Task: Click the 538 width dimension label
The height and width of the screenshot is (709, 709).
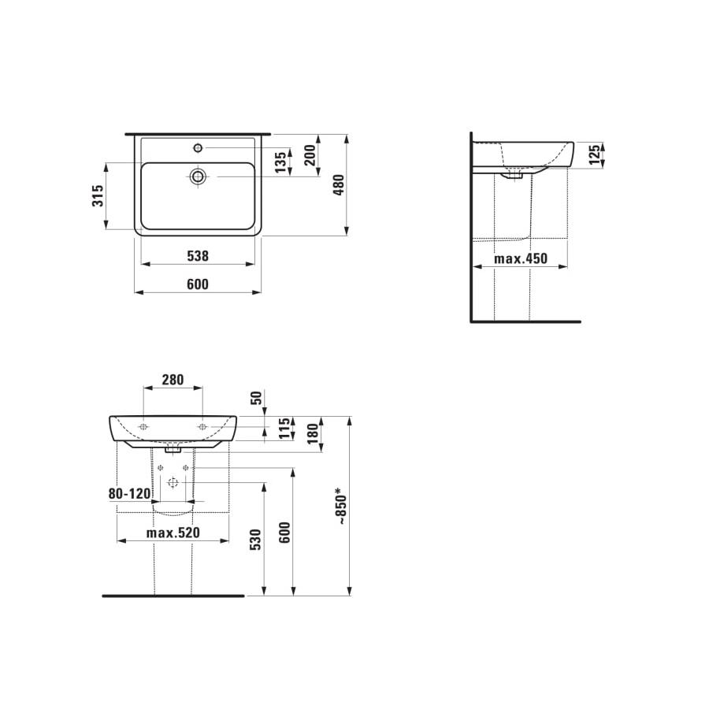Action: [x=198, y=256]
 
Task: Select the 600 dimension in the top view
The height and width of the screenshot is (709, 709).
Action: [x=198, y=284]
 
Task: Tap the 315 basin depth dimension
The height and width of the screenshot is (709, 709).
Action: [x=98, y=196]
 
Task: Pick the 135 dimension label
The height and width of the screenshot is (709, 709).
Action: [x=280, y=163]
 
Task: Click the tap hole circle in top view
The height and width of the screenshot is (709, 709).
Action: [x=198, y=147]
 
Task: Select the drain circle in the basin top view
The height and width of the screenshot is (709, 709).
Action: [x=198, y=176]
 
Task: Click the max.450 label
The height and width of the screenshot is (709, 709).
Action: [x=520, y=259]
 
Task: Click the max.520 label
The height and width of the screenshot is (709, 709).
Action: [x=173, y=533]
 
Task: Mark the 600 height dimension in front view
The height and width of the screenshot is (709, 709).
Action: [x=284, y=533]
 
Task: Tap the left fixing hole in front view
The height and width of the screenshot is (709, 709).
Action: [x=143, y=426]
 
